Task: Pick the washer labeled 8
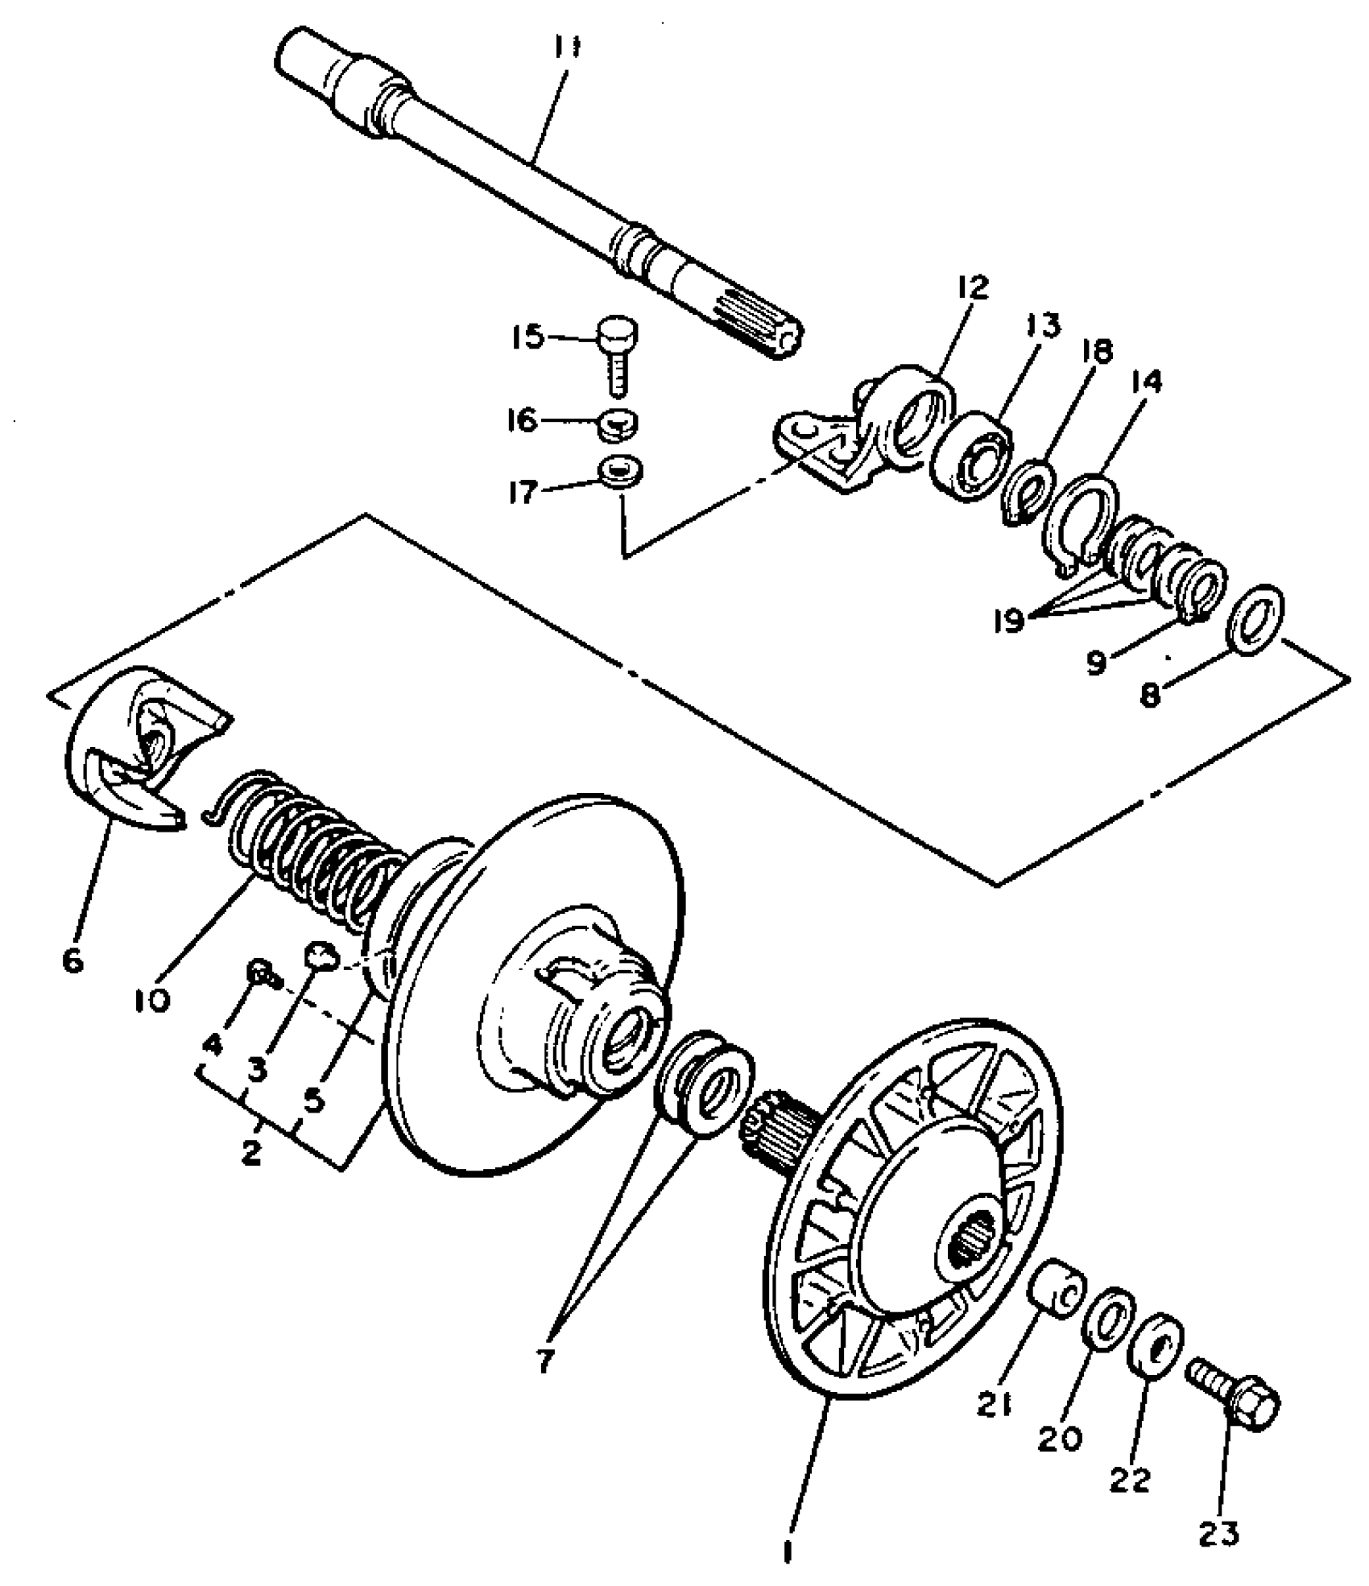point(1255,620)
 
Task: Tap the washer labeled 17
point(621,471)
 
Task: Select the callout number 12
point(973,287)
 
